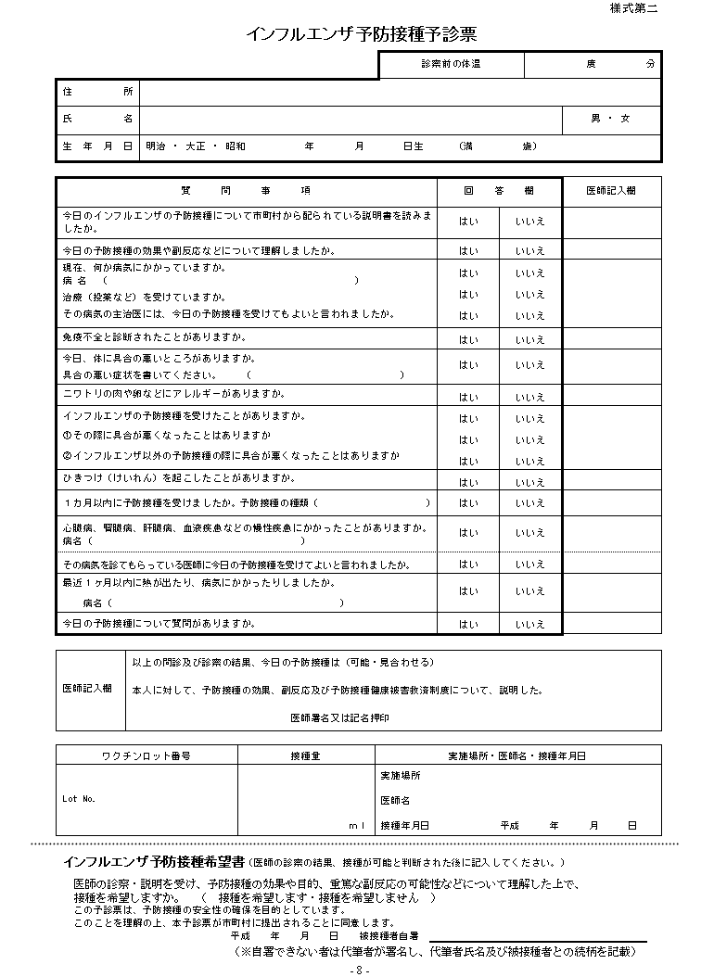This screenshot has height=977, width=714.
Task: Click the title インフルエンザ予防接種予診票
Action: (362, 34)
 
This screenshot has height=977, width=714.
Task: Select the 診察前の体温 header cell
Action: (451, 64)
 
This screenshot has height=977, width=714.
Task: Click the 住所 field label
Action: (97, 92)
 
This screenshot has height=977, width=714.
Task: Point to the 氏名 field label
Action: (97, 119)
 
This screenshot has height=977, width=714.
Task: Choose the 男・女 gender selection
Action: (610, 119)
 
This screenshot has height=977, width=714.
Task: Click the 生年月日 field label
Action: (97, 146)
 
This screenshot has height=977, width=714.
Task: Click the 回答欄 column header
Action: (499, 190)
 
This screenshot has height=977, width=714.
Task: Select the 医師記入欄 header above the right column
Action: (611, 190)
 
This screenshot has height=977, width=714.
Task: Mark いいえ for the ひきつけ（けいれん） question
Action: (530, 482)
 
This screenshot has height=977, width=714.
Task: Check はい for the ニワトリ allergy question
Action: (468, 398)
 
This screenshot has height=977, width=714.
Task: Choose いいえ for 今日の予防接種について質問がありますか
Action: (530, 625)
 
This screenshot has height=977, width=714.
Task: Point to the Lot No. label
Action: (79, 798)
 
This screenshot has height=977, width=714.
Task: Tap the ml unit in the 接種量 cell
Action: (357, 825)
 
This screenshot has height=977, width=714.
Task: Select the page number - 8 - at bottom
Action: (360, 970)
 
